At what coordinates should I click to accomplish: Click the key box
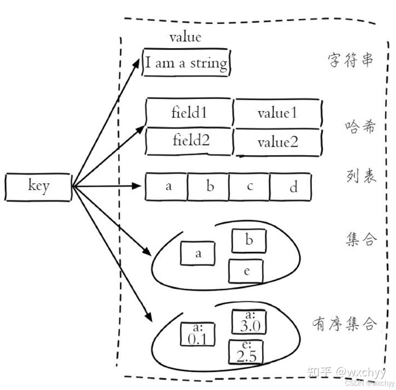click(38, 187)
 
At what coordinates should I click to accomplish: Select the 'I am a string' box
click(186, 62)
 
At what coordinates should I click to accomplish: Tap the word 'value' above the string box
click(185, 37)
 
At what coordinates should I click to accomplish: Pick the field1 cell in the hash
click(189, 113)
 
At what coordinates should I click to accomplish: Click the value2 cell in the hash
click(278, 142)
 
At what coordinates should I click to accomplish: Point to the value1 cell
click(277, 113)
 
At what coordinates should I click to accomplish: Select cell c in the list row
click(249, 186)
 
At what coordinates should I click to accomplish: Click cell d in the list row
click(290, 187)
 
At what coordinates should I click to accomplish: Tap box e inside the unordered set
click(246, 271)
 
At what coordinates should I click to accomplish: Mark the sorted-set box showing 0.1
click(197, 334)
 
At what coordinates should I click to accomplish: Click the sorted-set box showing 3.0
click(249, 322)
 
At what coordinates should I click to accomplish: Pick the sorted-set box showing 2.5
click(246, 352)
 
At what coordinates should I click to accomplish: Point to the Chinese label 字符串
click(350, 60)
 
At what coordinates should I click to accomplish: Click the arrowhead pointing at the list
click(137, 186)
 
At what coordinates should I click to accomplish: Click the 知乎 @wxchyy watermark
click(346, 372)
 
